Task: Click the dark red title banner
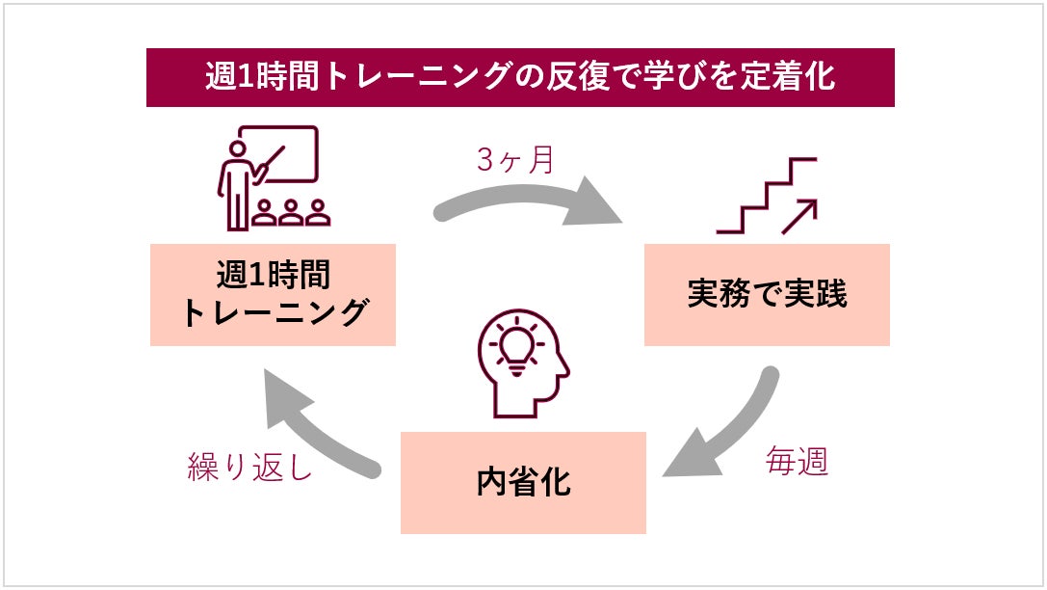pyautogui.click(x=520, y=78)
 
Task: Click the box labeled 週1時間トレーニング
pyautogui.click(x=273, y=294)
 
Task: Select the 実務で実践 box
pyautogui.click(x=767, y=294)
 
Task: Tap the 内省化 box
pyautogui.click(x=523, y=482)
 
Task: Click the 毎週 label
pyautogui.click(x=797, y=462)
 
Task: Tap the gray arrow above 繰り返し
pyautogui.click(x=317, y=425)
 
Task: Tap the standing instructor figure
pyautogui.click(x=235, y=183)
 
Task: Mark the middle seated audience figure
pyautogui.click(x=291, y=213)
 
